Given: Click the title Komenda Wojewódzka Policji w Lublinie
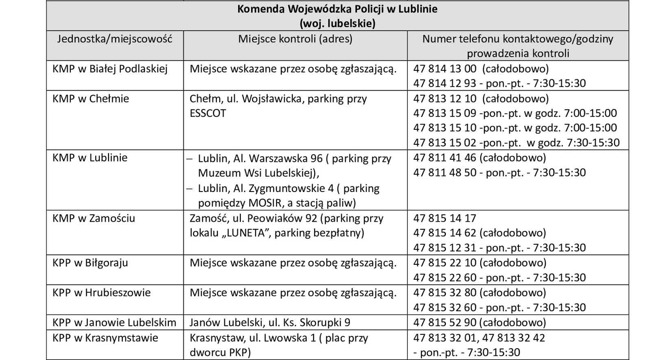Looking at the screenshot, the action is point(337,9).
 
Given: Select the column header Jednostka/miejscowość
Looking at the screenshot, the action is point(115,39).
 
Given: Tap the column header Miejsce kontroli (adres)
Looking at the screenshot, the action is point(295,39).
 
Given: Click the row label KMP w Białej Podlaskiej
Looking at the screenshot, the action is point(110,69).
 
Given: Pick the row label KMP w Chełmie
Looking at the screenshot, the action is point(90,99).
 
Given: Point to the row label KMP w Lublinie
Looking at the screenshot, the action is point(90,158).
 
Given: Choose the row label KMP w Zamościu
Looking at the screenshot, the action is point(94,218).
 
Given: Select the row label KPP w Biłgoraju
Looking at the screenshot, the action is point(90,263).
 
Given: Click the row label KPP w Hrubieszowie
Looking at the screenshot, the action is point(101,293).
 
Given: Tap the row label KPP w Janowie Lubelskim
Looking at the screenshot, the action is point(114,323).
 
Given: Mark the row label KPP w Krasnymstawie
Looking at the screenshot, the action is point(105,338).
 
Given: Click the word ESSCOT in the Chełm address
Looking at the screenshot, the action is point(208,113).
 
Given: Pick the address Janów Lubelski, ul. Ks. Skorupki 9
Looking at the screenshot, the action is point(270,323).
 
